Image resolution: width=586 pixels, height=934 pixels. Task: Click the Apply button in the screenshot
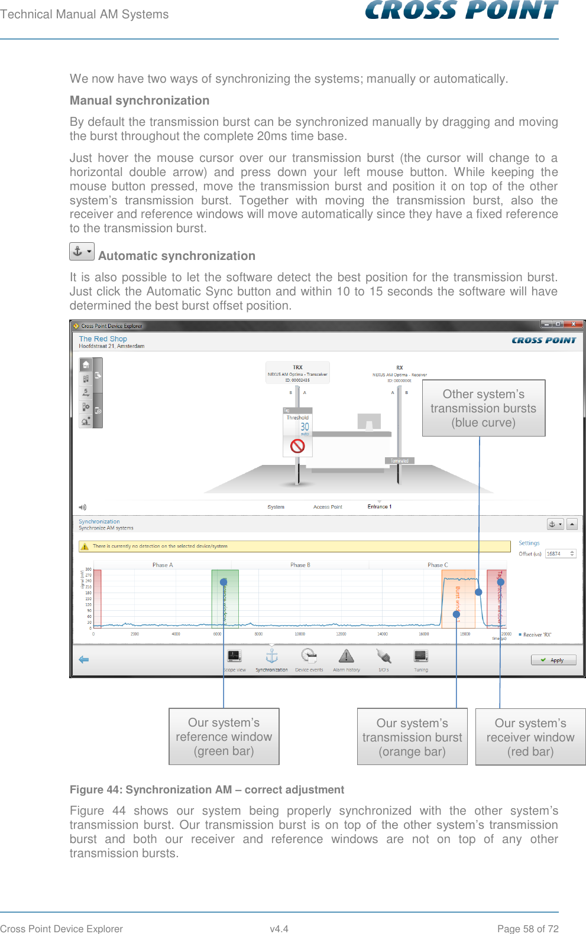pyautogui.click(x=553, y=660)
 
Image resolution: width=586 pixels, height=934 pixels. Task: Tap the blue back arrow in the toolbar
pyautogui.click(x=84, y=659)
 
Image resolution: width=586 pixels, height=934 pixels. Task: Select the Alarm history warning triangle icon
pyautogui.click(x=346, y=656)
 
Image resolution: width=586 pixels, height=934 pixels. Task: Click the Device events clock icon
pyautogui.click(x=309, y=656)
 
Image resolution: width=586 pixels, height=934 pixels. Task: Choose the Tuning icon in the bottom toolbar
pyautogui.click(x=421, y=656)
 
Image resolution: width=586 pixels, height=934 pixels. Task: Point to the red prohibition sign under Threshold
pyautogui.click(x=297, y=445)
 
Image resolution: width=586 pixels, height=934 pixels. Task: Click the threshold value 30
pyautogui.click(x=305, y=427)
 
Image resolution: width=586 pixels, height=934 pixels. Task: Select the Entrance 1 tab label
pyautogui.click(x=379, y=507)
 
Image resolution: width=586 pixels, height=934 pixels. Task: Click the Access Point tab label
pyautogui.click(x=328, y=507)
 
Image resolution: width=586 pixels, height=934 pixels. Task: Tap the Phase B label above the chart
pyautogui.click(x=300, y=565)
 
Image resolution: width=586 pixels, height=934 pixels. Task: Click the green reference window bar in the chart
pyautogui.click(x=225, y=598)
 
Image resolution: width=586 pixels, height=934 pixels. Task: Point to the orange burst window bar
pyautogui.click(x=458, y=598)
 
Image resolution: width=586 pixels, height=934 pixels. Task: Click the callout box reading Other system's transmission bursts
pyautogui.click(x=483, y=408)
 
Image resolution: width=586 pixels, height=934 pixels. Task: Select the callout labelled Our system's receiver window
pyautogui.click(x=530, y=737)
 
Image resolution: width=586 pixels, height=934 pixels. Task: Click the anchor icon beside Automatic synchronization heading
pyautogui.click(x=82, y=252)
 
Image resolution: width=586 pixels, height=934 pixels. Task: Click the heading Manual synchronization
pyautogui.click(x=140, y=100)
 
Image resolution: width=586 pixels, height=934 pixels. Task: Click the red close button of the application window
pyautogui.click(x=572, y=324)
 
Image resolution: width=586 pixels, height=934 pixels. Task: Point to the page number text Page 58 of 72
pyautogui.click(x=527, y=929)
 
